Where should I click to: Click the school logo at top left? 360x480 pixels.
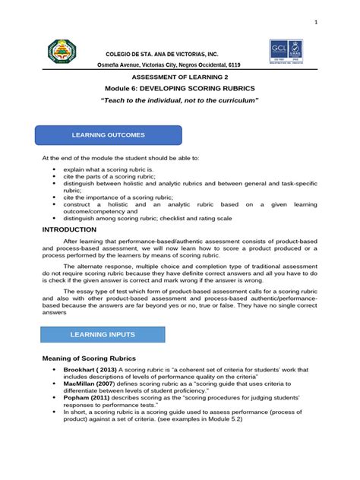click(65, 54)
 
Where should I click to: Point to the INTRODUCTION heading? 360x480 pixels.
click(70, 229)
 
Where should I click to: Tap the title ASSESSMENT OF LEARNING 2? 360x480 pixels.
click(180, 77)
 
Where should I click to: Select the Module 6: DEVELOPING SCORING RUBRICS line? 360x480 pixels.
click(180, 89)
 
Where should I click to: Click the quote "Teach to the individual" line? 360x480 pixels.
click(180, 101)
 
